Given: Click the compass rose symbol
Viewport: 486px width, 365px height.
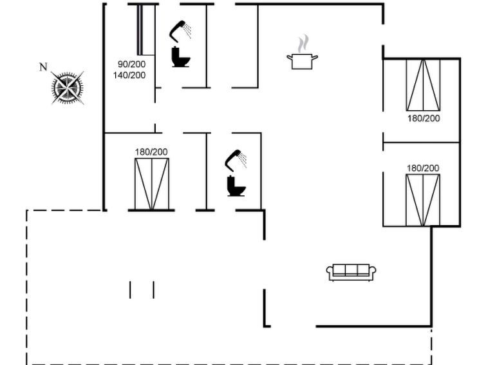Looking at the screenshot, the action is click(x=68, y=88).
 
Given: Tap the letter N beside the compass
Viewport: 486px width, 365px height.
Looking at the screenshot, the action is click(x=43, y=67).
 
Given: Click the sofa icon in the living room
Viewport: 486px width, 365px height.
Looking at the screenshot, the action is click(x=351, y=272).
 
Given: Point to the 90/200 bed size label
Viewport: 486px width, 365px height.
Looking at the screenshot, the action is click(x=131, y=64).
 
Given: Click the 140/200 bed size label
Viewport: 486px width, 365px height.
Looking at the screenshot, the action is click(x=129, y=75).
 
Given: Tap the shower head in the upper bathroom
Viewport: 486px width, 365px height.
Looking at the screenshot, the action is click(x=180, y=31).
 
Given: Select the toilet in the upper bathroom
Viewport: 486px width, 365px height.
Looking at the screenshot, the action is click(x=181, y=57).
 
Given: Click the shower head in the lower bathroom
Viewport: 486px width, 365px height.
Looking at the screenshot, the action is click(x=236, y=161).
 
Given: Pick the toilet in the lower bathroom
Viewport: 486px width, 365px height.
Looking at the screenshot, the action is click(x=236, y=186).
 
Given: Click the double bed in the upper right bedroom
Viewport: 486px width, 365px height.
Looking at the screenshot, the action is click(x=423, y=85).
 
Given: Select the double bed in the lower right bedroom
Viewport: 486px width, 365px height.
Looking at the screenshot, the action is click(x=423, y=200).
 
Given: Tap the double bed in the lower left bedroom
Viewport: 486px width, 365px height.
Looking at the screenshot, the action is click(x=152, y=184).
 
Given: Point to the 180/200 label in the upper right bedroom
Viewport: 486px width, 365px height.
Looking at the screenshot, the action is click(x=424, y=119).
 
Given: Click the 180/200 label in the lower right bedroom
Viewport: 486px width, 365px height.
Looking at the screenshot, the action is click(x=423, y=168).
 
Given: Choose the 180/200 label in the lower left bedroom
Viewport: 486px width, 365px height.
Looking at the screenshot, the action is click(x=151, y=152).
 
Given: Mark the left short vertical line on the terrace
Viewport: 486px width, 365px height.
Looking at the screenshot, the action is click(x=130, y=290).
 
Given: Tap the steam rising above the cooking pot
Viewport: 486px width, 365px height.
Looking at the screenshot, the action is click(x=303, y=44).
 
